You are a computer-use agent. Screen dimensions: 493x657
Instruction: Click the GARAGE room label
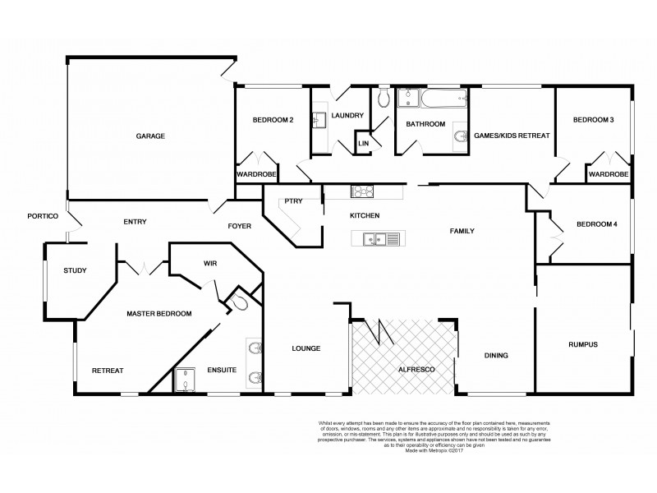151,136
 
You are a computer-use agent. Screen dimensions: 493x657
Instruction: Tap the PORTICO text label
42,216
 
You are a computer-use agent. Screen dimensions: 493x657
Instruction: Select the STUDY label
76,270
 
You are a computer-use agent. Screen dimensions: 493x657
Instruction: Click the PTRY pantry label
293,200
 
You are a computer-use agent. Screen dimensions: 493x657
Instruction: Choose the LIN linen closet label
362,145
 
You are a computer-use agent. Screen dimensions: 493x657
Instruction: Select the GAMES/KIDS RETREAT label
512,136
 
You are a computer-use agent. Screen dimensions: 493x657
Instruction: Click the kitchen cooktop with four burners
363,191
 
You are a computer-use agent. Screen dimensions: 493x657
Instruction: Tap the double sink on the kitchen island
379,240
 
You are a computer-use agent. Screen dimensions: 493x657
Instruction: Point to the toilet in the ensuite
237,303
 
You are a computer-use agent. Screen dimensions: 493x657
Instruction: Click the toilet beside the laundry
384,100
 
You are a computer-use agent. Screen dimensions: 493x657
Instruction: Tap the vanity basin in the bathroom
458,137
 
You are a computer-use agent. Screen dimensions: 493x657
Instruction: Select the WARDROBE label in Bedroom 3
609,174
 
